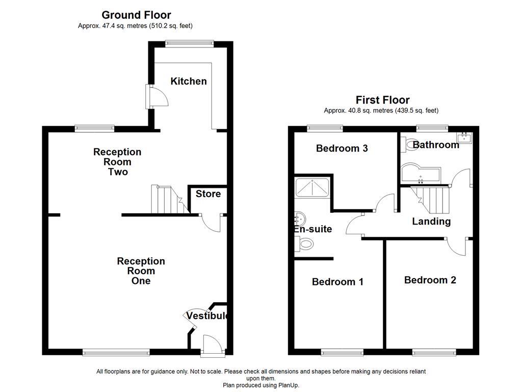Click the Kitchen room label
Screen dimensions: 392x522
pos(189,81)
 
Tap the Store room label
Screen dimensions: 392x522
pos(208,194)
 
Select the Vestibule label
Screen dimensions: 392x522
pos(206,316)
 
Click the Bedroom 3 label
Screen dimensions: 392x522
pos(342,149)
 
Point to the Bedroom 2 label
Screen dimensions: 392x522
pos(430,280)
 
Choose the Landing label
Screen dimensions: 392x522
pos(431,221)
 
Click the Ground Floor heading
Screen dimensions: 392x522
pos(136,15)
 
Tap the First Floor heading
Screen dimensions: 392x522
pos(382,100)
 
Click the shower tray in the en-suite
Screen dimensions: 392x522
pos(312,188)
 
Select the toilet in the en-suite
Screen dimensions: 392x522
pos(304,246)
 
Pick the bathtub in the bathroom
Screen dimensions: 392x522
pos(421,174)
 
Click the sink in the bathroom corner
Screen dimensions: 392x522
pos(465,137)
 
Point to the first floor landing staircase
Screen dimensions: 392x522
pos(431,199)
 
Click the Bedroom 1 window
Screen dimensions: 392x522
pos(342,352)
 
